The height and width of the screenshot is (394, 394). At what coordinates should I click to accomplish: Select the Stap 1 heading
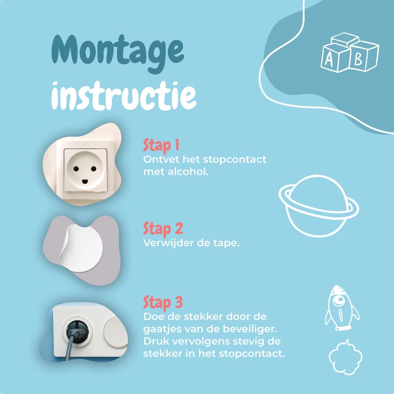(161, 145)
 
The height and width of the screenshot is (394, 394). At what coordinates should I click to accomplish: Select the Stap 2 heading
(163, 229)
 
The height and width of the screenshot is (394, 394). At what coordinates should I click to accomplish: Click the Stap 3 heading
(163, 302)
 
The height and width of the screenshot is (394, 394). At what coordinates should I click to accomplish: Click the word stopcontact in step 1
(234, 160)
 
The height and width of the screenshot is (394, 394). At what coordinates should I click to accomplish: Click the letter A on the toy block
(329, 60)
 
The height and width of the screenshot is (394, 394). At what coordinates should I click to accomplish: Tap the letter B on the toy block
(358, 60)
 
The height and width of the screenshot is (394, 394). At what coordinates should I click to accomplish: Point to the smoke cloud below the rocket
(345, 357)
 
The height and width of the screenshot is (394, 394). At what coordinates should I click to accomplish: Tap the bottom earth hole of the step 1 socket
(85, 181)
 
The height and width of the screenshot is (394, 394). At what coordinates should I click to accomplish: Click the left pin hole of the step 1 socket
(76, 169)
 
